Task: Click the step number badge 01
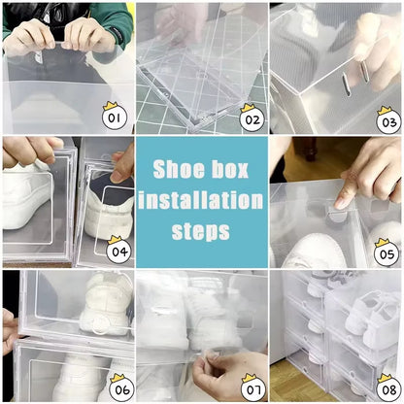coord(114,118)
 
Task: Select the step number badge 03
coord(388,122)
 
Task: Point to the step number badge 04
coord(119,252)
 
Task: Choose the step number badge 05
coord(387,254)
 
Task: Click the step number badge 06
coord(122,389)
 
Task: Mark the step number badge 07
coord(252,389)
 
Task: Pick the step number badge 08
coord(388,389)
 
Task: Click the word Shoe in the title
coord(179,169)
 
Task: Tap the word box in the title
coord(230,169)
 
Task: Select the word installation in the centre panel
coord(201,200)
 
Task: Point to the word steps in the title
coord(201,232)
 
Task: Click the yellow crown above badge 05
coord(383,243)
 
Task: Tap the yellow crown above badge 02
coord(248,108)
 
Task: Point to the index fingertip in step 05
coord(340,203)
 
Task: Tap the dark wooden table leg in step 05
coord(310,149)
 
